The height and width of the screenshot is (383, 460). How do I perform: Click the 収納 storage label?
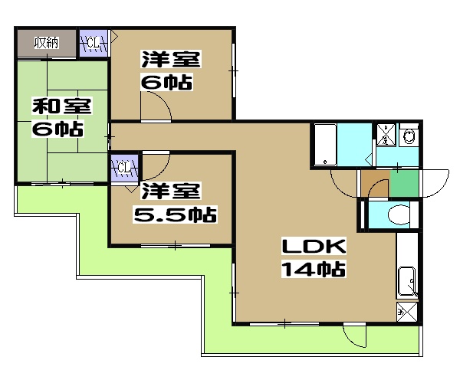pyautogui.click(x=46, y=43)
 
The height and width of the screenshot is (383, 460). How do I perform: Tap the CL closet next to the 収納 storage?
pyautogui.click(x=94, y=43)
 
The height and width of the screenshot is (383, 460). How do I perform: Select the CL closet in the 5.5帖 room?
pyautogui.click(x=124, y=168)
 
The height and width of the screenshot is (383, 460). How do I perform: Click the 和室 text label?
pyautogui.click(x=61, y=106)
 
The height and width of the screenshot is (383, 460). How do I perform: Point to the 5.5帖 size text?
pyautogui.click(x=175, y=214)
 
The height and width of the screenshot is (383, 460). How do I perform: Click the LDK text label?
pyautogui.click(x=314, y=246)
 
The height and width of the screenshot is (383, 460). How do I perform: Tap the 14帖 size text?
pyautogui.click(x=314, y=269)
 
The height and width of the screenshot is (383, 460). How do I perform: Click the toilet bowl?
pyautogui.click(x=399, y=214)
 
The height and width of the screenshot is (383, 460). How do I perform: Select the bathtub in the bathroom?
pyautogui.click(x=325, y=145)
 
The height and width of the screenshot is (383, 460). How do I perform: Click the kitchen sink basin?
pyautogui.click(x=406, y=282)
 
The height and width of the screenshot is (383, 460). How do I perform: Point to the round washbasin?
pyautogui.click(x=409, y=136)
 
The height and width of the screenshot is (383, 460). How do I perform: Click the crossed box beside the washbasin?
pyautogui.click(x=386, y=135)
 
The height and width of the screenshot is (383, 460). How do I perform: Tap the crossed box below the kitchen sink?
pyautogui.click(x=407, y=313)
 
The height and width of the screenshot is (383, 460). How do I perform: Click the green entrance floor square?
pyautogui.click(x=404, y=184)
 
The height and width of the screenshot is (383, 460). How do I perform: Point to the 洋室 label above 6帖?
pyautogui.click(x=171, y=59)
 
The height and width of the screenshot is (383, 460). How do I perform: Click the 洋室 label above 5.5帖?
pyautogui.click(x=171, y=191)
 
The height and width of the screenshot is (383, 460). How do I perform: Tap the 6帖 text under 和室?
pyautogui.click(x=58, y=129)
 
